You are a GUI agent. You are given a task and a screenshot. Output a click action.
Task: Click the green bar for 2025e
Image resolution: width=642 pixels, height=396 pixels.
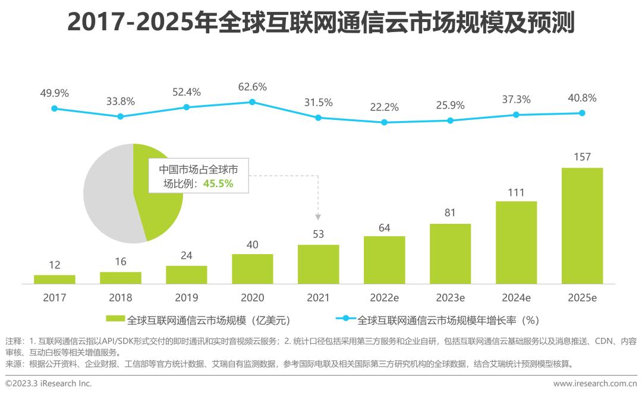pyautogui.click(x=582, y=225)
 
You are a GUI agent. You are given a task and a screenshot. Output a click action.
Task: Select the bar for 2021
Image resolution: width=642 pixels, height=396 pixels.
pyautogui.click(x=318, y=264)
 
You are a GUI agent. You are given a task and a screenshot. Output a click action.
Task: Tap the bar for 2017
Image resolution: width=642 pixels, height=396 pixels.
pyautogui.click(x=55, y=279)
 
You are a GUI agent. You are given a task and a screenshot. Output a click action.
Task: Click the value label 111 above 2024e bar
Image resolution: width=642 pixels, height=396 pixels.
pyautogui.click(x=516, y=193)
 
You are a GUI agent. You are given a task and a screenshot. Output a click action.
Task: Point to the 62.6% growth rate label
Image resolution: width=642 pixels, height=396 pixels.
pyautogui.click(x=252, y=87)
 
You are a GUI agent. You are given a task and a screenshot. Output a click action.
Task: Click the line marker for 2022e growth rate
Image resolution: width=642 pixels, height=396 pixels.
pyautogui.click(x=384, y=122)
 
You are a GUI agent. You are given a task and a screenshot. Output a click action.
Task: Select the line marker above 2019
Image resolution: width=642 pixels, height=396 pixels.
pyautogui.click(x=186, y=107)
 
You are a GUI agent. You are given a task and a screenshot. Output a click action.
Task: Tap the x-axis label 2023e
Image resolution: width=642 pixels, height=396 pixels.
pyautogui.click(x=450, y=297)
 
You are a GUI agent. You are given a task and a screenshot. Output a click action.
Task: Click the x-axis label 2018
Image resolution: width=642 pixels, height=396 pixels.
pyautogui.click(x=121, y=297)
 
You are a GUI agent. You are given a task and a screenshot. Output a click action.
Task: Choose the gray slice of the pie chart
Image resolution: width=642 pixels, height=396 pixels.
pyautogui.click(x=107, y=196)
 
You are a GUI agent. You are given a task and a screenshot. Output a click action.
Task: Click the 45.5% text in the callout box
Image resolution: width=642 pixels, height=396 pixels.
pyautogui.click(x=218, y=184)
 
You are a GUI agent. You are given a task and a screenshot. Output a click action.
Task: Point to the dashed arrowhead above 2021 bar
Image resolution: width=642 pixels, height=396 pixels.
pyautogui.click(x=318, y=217)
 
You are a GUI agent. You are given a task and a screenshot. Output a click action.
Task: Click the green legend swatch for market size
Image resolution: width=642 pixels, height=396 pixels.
pyautogui.click(x=115, y=320)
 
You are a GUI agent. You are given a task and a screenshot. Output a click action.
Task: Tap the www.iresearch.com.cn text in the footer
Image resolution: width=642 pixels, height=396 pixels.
pyautogui.click(x=595, y=384)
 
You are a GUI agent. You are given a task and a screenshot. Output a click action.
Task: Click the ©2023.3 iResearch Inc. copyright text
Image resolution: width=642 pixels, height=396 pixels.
pyautogui.click(x=49, y=384)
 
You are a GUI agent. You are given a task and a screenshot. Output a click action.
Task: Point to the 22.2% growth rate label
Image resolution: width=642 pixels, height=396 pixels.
pyautogui.click(x=384, y=107)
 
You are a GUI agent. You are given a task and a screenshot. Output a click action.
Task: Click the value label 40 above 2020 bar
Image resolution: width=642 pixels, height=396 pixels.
pyautogui.click(x=252, y=245)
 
